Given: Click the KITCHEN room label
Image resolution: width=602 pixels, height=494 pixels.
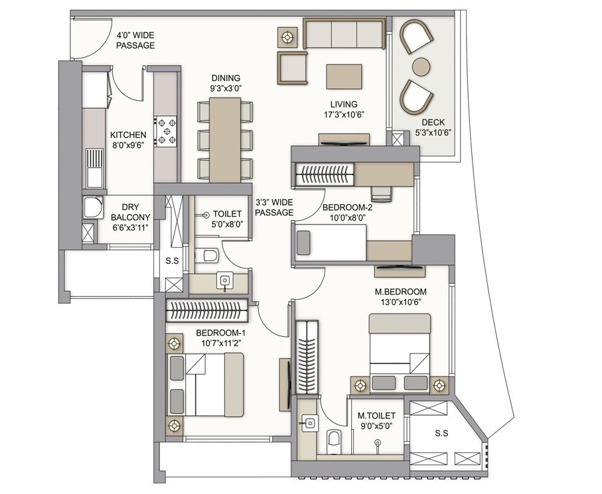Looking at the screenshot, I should (128, 135).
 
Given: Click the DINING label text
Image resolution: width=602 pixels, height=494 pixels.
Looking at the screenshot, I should (226, 78).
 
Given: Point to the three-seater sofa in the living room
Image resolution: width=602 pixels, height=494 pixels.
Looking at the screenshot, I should (343, 34).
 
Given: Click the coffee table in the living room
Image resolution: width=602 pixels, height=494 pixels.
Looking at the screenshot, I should (343, 76).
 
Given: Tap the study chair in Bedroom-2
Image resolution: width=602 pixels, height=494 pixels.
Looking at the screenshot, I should (381, 192).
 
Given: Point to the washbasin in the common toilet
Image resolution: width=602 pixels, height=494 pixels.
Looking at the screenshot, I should (226, 281).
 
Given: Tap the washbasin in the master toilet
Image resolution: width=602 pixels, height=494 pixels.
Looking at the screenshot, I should (309, 420).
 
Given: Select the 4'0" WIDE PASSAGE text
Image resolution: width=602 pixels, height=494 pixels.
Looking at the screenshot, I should (135, 40).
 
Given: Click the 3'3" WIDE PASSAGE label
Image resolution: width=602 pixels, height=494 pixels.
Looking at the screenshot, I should (274, 208).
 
